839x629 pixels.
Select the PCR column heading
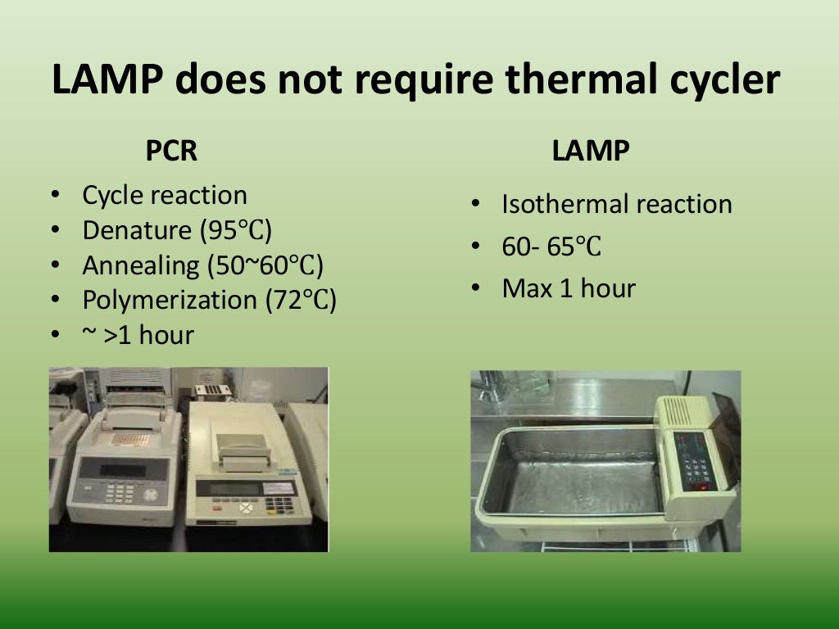171,152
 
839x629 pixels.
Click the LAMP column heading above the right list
591,152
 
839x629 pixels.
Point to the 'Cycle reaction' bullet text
165,196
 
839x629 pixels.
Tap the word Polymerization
169,301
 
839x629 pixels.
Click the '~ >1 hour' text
138,335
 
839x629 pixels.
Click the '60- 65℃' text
551,247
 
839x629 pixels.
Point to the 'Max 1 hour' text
569,288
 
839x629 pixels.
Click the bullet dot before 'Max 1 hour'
475,288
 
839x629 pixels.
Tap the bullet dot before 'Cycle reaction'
55,196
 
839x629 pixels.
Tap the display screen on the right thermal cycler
234,488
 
